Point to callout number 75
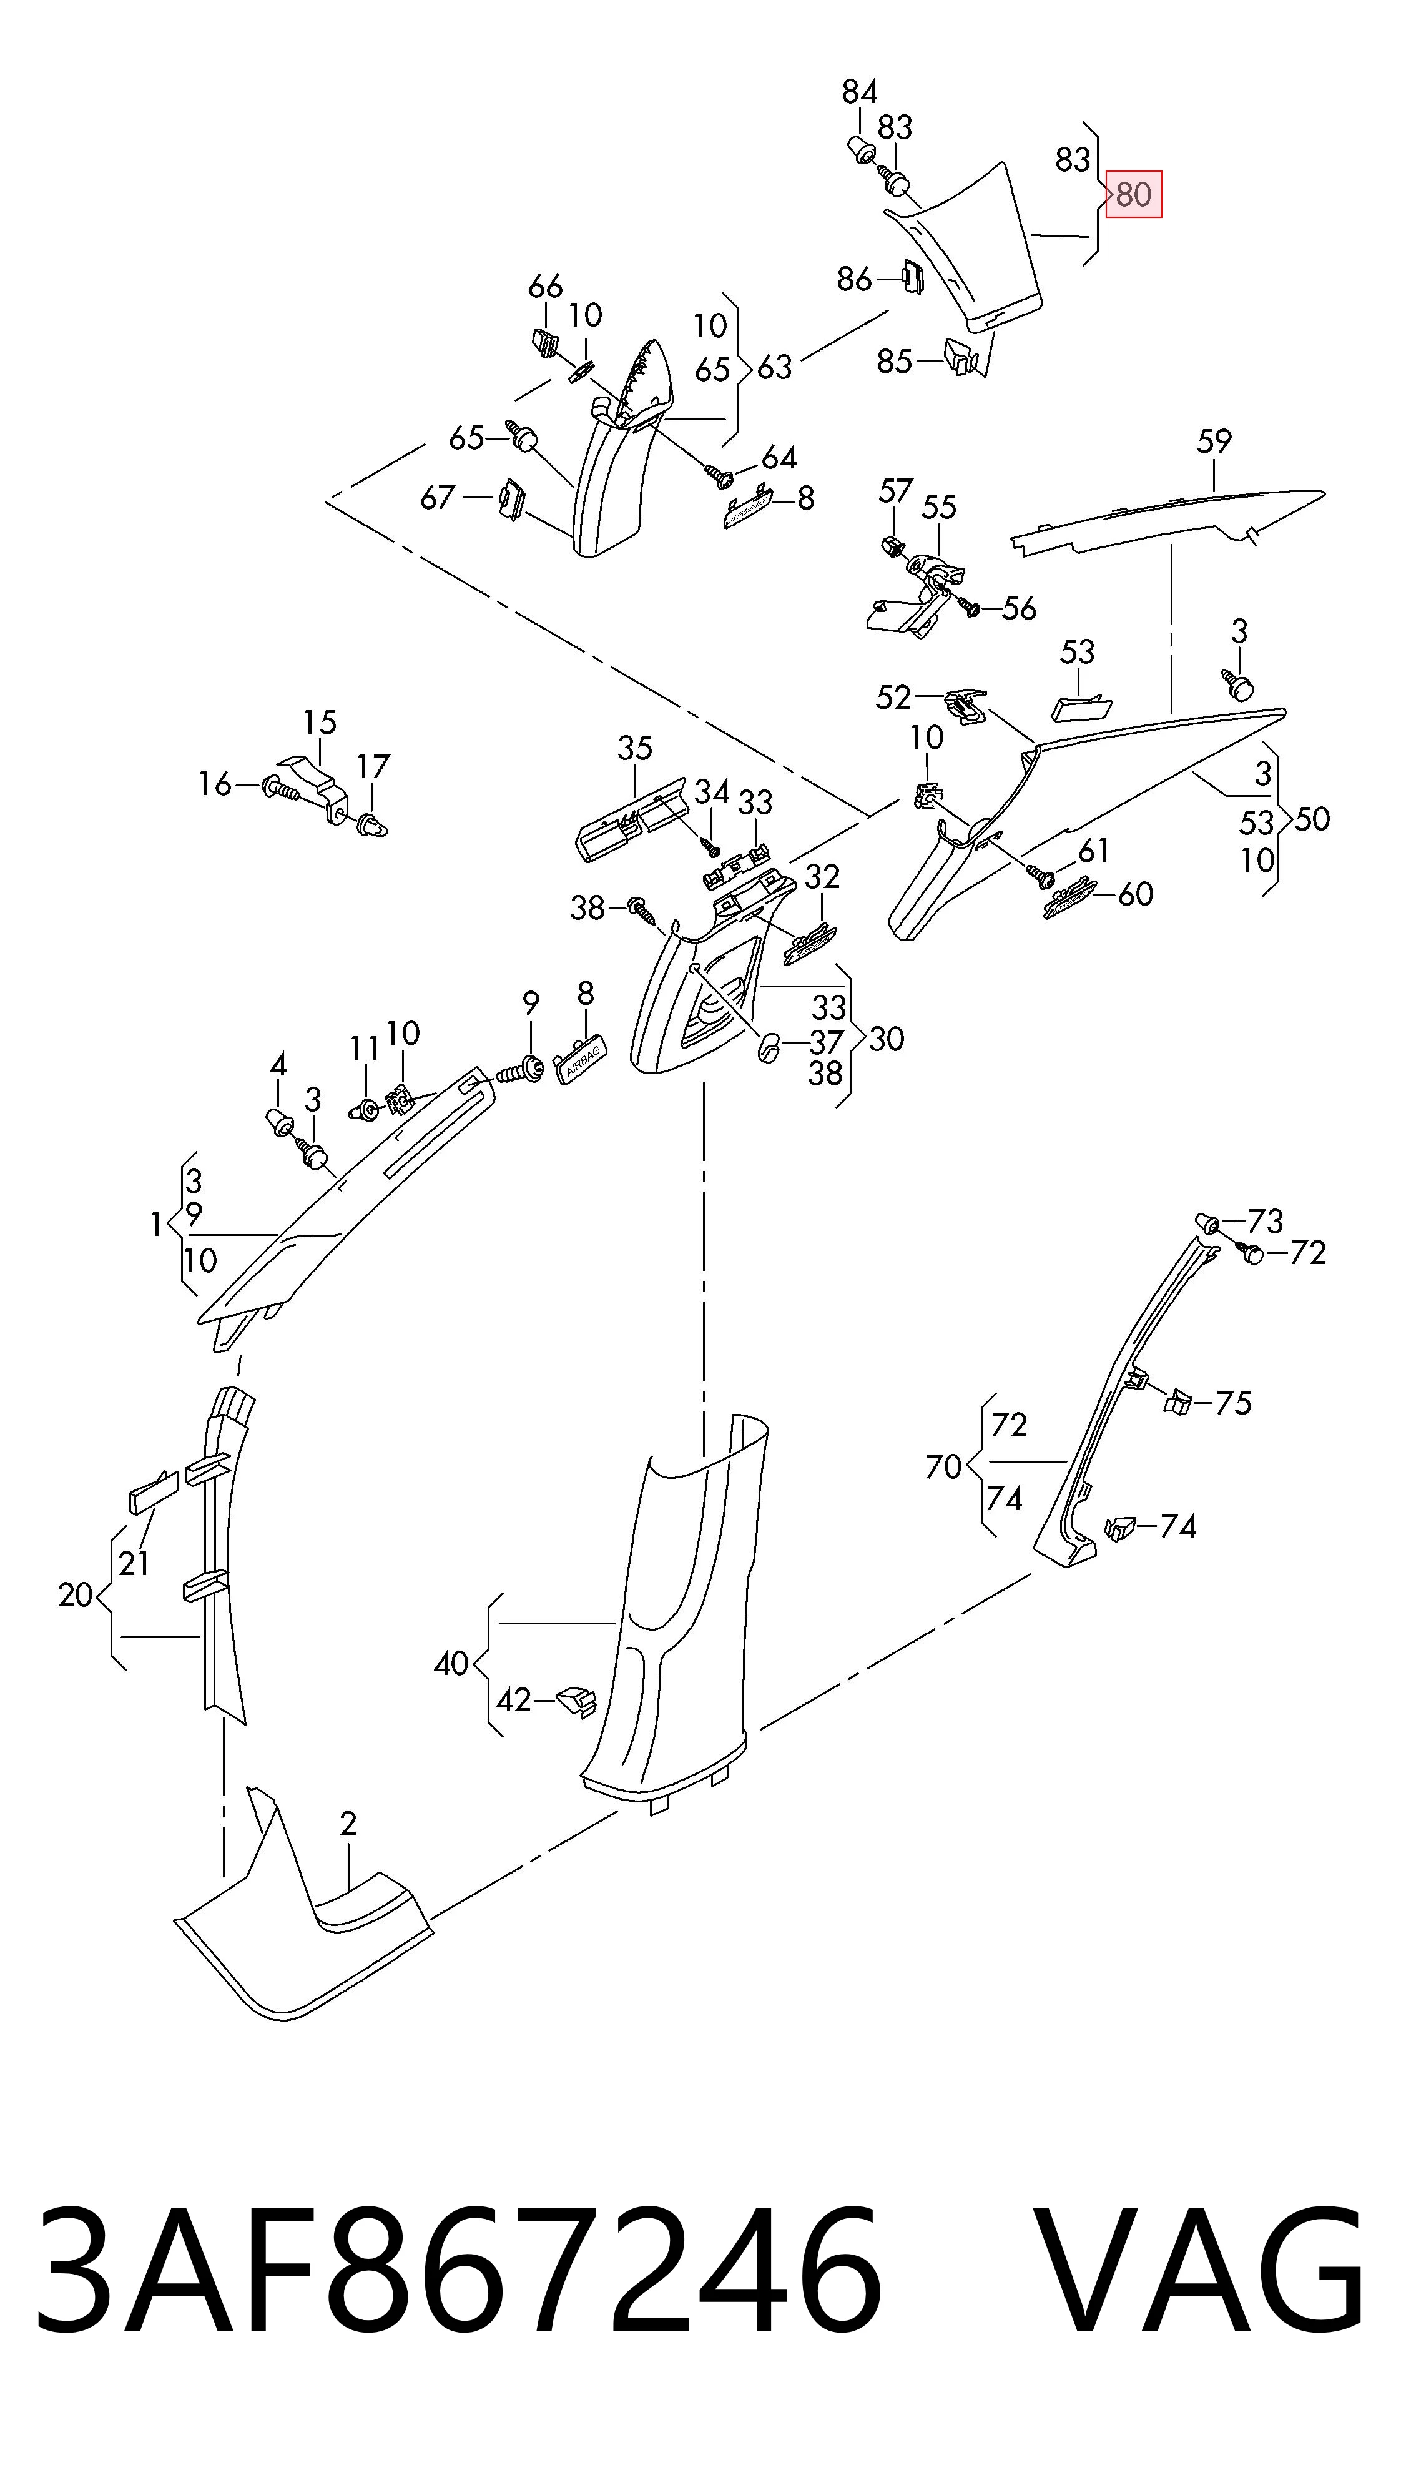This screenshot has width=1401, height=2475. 1232,1403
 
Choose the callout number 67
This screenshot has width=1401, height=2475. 438,498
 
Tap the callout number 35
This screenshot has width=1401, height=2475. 635,748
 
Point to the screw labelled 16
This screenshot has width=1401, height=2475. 282,787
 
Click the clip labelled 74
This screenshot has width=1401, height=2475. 1119,1526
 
